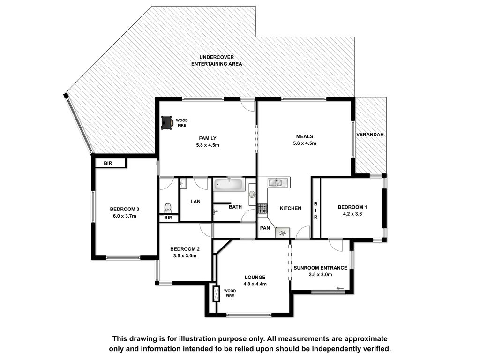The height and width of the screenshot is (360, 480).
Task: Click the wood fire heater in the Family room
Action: [167, 122]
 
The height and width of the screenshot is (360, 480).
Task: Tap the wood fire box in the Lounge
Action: [216, 294]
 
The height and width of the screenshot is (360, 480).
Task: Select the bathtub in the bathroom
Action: [229, 184]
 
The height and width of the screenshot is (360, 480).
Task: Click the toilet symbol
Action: [168, 208]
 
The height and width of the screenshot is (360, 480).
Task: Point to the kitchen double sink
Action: [278, 183]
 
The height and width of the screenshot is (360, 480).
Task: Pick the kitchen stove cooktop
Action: [262, 209]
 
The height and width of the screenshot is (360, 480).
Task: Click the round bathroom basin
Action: [252, 194]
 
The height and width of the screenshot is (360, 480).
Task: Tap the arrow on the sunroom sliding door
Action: [339, 288]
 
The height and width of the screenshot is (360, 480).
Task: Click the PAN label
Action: [265, 228]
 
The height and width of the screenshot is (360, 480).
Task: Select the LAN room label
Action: [195, 202]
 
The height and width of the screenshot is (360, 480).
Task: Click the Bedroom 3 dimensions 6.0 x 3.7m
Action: [125, 216]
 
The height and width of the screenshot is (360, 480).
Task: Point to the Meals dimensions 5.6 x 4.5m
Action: [305, 143]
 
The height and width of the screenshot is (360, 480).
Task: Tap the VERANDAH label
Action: [370, 135]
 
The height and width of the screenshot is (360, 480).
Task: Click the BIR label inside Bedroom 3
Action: [108, 164]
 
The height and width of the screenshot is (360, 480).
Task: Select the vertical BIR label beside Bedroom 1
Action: [315, 210]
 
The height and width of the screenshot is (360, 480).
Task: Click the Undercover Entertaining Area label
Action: [217, 60]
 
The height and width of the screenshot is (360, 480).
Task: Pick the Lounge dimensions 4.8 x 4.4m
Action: [255, 284]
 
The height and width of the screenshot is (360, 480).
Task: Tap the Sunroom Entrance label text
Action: [321, 268]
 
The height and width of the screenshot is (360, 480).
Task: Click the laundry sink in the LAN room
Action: [183, 183]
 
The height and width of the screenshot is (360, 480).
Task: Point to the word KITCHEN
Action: [291, 208]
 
